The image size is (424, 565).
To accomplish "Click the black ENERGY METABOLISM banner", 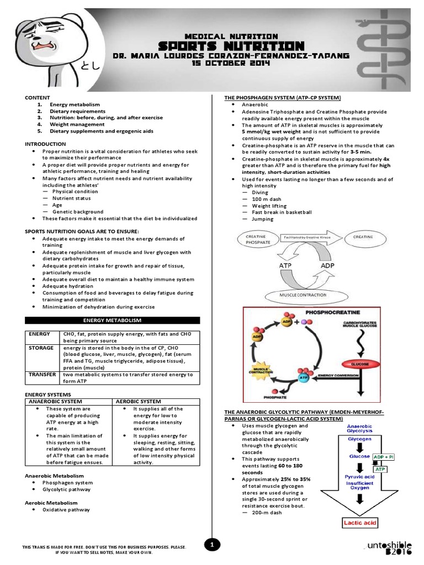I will tap(113, 320).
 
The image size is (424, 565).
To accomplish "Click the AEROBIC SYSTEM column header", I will tap(139, 401).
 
